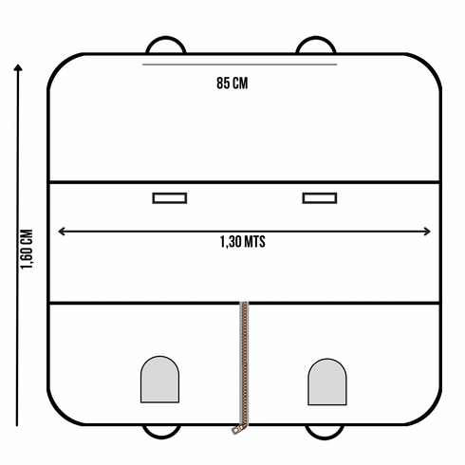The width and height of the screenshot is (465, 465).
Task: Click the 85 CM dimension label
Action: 232,84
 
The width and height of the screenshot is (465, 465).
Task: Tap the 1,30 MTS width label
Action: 243,242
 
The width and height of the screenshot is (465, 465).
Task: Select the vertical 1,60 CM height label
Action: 27,250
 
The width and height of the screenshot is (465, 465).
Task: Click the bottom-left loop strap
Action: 161,436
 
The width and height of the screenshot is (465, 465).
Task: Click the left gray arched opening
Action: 159,380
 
